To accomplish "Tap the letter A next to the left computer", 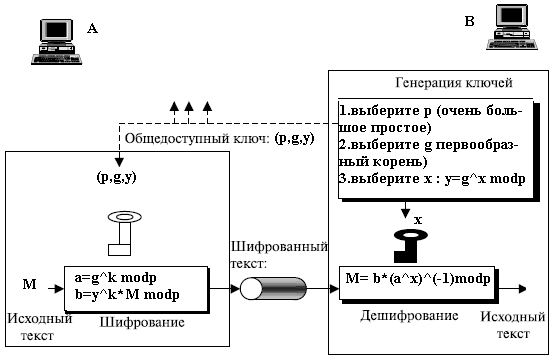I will coord(93,29).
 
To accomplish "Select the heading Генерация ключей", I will coord(441,83).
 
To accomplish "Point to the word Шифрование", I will coord(128,323).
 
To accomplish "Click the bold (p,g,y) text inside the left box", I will coord(117,176).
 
